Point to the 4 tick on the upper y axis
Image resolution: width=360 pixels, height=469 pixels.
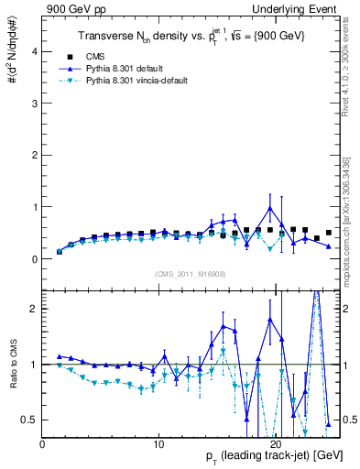35,52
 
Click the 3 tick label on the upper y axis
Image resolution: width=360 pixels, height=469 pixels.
35,104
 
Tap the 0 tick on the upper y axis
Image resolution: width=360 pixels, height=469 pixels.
35,259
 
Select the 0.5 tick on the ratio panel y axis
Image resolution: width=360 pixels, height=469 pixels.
31,420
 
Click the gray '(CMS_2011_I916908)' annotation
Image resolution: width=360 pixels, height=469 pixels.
191,274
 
